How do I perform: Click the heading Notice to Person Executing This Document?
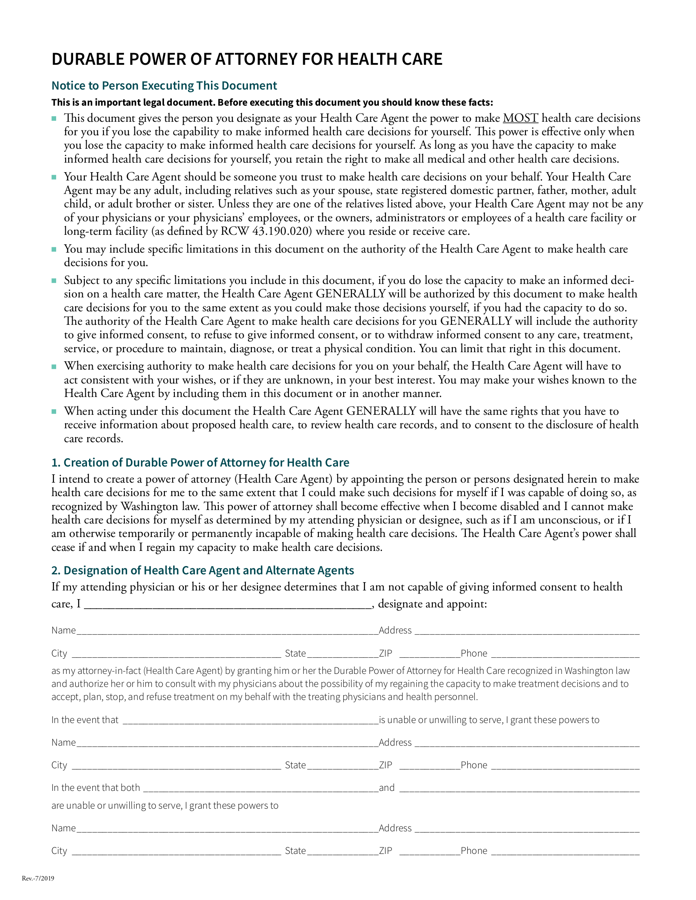164,86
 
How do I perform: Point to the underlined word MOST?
520,118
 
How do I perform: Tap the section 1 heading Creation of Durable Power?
200,462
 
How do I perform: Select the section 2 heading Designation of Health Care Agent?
203,570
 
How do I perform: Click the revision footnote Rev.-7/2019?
38,878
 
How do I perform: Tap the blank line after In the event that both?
261,788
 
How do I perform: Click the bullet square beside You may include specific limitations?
54,250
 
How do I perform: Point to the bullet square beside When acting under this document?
54,411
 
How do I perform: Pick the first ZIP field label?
385,653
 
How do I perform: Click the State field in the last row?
342,851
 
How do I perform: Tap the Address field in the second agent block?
526,743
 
